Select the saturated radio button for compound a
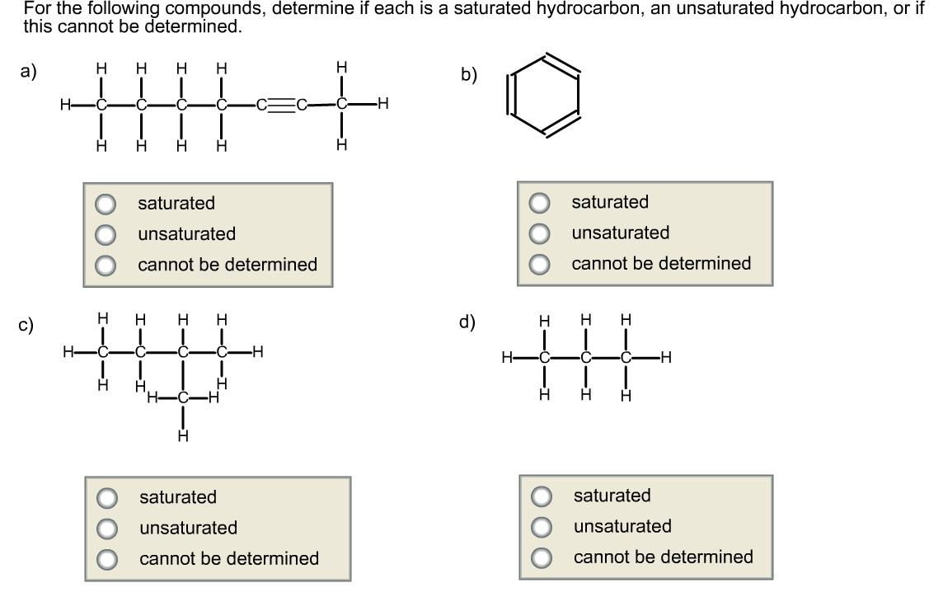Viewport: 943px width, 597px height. [x=106, y=204]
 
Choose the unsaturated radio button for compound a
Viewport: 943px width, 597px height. [x=106, y=234]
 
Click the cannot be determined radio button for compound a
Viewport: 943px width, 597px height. [x=106, y=265]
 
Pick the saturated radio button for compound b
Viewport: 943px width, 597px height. [x=540, y=203]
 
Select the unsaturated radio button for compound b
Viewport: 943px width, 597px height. [x=540, y=233]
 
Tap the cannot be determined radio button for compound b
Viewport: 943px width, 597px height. [x=540, y=264]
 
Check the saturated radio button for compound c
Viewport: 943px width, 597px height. [x=107, y=497]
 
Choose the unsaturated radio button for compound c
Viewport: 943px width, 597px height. [x=107, y=528]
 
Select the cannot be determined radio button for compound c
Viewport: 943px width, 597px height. [x=107, y=558]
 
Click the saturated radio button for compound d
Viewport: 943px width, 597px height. [x=542, y=496]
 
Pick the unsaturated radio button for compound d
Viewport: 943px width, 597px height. [x=542, y=527]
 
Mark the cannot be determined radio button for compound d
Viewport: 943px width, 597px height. [x=542, y=557]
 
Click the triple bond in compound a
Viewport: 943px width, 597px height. [x=281, y=105]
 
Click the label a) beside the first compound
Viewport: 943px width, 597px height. [x=29, y=73]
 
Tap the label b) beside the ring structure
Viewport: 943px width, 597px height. [x=469, y=74]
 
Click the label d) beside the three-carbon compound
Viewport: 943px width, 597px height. [x=467, y=322]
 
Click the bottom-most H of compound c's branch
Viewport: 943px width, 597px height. [x=182, y=435]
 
